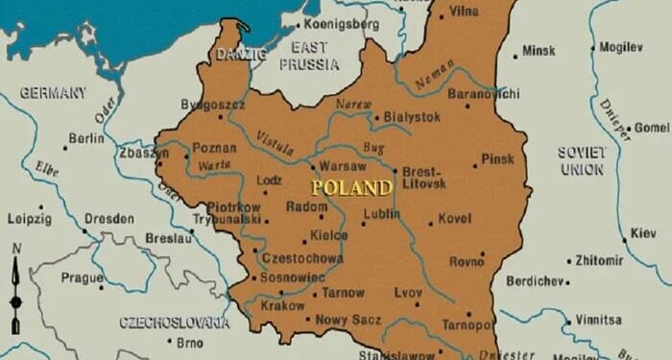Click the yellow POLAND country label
(x=350, y=187)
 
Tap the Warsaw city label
(x=342, y=165)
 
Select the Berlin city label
(x=85, y=138)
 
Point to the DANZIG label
(x=241, y=54)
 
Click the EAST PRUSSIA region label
(x=308, y=56)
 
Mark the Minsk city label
(x=539, y=51)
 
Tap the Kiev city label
(x=643, y=232)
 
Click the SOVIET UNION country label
(x=582, y=160)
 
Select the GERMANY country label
(x=52, y=93)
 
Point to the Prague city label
(x=81, y=277)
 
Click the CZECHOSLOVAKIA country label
(x=174, y=323)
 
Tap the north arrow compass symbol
(x=15, y=288)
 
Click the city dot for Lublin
(x=363, y=224)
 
